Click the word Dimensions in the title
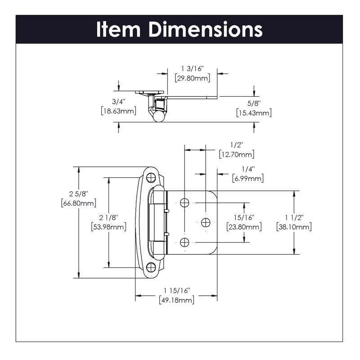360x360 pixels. point(206,29)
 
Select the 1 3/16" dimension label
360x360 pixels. point(193,68)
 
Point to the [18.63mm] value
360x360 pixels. point(118,111)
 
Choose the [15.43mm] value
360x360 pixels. point(253,112)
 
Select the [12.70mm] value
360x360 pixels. point(237,154)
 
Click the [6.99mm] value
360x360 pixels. point(248,179)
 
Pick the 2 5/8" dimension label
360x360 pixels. point(79,194)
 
